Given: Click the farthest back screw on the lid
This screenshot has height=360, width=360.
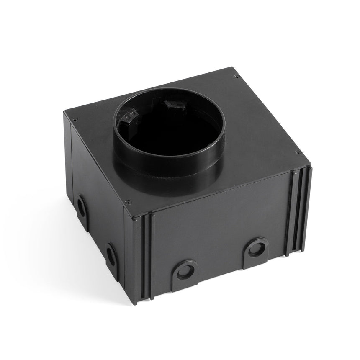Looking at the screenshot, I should click(x=236, y=77).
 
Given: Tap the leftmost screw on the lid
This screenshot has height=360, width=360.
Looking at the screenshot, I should click(x=75, y=107).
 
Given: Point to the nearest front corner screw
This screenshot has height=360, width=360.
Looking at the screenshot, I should click(x=129, y=200).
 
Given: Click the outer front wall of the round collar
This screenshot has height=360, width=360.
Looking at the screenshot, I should click(x=167, y=165).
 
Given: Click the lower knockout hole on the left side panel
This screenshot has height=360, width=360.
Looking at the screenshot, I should click(x=111, y=255).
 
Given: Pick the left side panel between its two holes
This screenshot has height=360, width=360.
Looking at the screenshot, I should click(x=95, y=228).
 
